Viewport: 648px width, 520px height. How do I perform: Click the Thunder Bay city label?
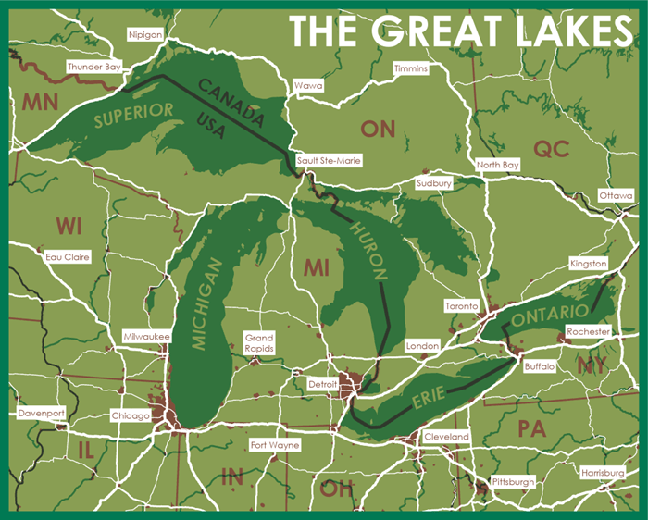point(93,68)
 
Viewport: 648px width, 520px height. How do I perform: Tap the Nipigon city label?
point(145,34)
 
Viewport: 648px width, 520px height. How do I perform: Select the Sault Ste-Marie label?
point(329,160)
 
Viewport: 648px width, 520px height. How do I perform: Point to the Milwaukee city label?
point(146,338)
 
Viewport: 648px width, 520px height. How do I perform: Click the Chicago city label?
point(130,415)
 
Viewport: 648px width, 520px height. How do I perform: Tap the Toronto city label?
point(460,305)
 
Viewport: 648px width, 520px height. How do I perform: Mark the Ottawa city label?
point(616,196)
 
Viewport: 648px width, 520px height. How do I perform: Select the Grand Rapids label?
point(258,343)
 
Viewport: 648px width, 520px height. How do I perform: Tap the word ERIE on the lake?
point(426,399)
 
